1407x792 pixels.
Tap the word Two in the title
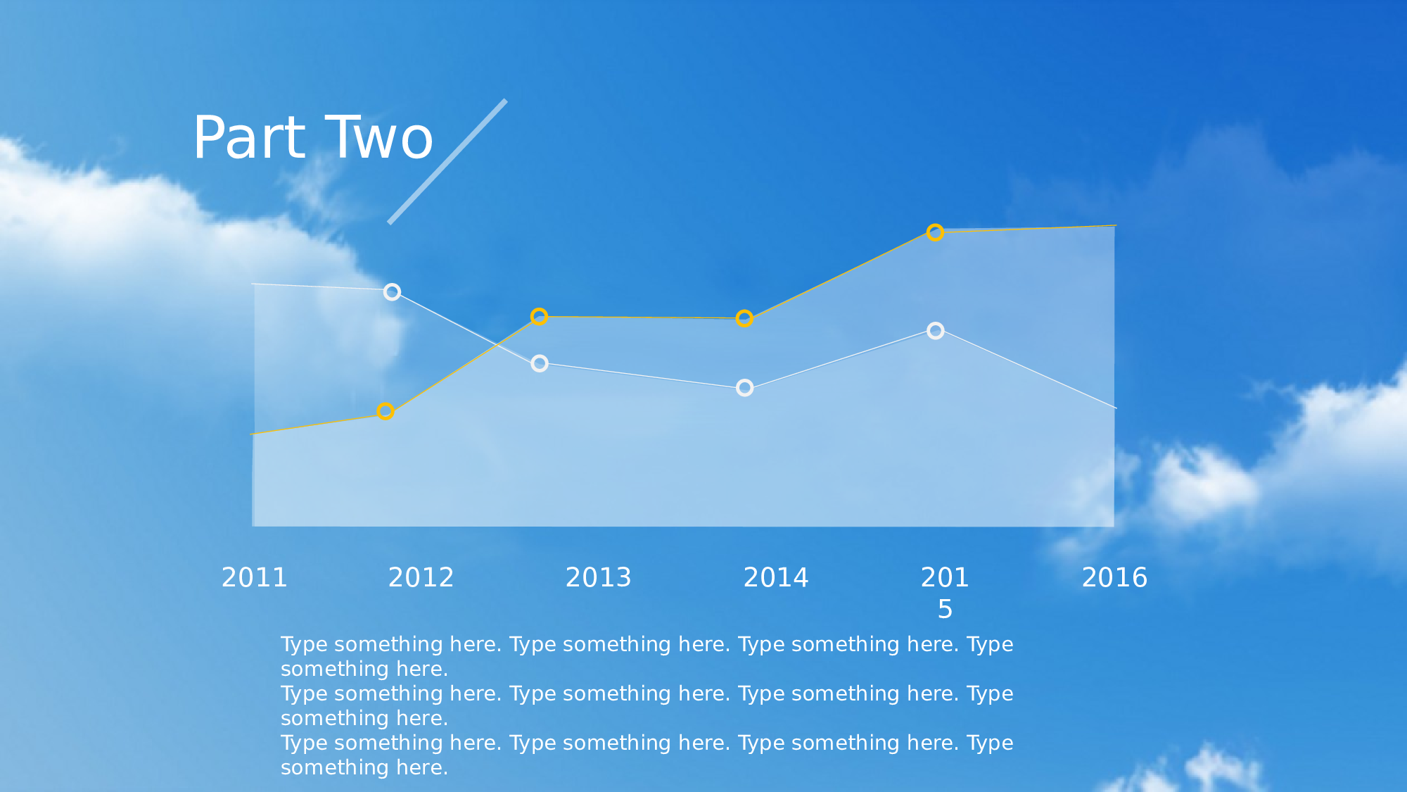(379, 137)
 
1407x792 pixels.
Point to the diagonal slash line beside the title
(447, 162)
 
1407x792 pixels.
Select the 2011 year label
(255, 578)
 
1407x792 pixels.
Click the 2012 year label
(421, 578)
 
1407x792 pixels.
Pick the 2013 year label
(599, 578)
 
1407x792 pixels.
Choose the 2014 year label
(777, 578)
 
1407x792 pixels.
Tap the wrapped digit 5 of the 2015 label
(946, 610)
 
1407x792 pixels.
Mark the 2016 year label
(1115, 578)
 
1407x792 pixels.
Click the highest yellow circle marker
(935, 232)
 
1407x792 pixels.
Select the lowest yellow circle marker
(386, 411)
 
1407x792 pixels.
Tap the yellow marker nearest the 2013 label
(539, 317)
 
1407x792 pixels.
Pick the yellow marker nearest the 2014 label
(744, 319)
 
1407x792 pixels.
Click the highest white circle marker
(393, 292)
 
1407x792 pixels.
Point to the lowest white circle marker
(745, 388)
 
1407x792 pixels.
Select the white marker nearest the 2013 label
(540, 364)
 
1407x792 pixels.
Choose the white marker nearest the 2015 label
(936, 331)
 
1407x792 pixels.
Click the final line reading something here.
(364, 767)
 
